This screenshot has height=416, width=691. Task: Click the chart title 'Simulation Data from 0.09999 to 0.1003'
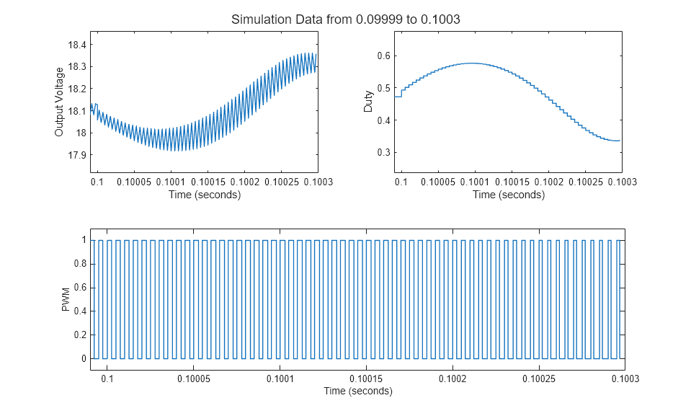coord(345,20)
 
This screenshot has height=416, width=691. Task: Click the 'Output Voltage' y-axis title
coord(60,102)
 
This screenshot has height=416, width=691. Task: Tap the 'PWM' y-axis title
coord(66,299)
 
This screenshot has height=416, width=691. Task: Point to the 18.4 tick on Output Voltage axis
coord(76,45)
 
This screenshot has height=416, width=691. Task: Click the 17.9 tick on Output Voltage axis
coord(76,155)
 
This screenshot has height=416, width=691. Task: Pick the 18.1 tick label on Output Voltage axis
coord(76,111)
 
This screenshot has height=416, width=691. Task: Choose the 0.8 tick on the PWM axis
coord(79,264)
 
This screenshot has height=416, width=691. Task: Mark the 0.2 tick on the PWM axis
coord(79,335)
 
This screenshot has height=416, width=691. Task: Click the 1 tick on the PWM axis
coord(84,240)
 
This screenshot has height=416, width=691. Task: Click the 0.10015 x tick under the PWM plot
coord(365,379)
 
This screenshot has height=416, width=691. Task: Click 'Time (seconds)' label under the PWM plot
coord(358,391)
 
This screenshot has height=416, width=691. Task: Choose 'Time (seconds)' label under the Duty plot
coord(508,195)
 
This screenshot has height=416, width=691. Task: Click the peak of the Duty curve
coord(471,63)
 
